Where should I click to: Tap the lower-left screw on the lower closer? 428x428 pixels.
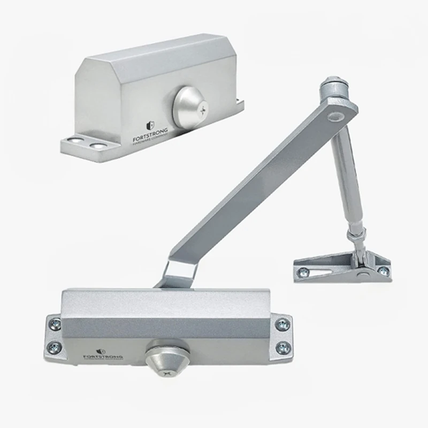click(55, 348)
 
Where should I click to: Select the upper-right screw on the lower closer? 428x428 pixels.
click(282, 324)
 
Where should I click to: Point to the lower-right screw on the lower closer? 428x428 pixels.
click(282, 348)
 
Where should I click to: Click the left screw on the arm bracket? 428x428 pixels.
click(304, 271)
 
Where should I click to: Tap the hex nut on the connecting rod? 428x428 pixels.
click(354, 235)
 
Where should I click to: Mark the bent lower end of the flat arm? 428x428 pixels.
click(173, 276)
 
